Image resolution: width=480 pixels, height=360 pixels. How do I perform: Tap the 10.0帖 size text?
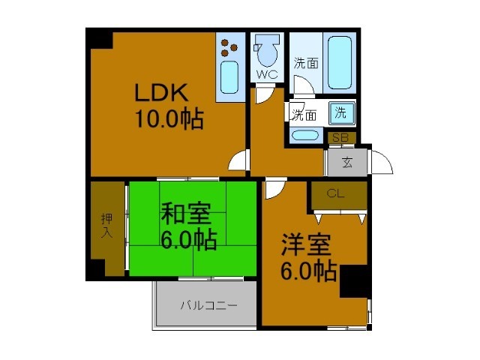tap(169, 118)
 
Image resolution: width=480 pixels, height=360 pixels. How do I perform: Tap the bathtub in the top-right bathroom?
tap(342, 61)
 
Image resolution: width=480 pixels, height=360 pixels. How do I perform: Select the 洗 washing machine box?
tap(341, 114)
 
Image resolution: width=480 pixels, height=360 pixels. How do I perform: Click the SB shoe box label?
tap(340, 138)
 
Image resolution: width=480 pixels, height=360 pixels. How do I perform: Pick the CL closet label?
tap(335, 193)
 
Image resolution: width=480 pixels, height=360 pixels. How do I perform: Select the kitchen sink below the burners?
tap(229, 76)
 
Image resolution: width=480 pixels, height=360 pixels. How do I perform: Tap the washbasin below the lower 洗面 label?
tap(304, 136)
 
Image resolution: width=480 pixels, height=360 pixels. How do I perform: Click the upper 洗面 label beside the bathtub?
tap(306, 64)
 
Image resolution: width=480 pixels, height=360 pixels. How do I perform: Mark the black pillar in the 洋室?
tap(353, 283)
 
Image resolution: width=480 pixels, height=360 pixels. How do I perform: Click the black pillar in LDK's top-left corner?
tap(100, 38)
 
